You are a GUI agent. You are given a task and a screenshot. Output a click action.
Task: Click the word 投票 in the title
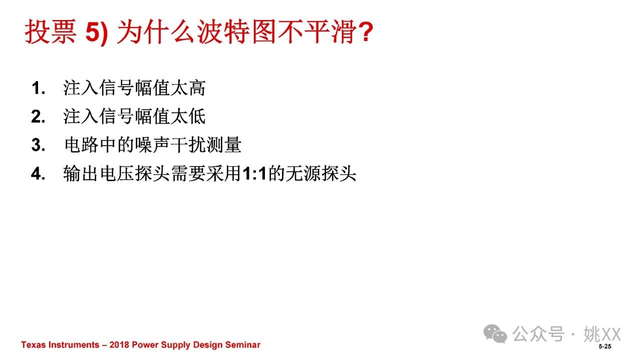[51, 31]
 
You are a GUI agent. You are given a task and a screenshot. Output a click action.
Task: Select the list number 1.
[39, 88]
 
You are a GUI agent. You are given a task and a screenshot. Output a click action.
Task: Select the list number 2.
[39, 117]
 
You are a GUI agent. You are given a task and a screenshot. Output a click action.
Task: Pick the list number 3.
[39, 145]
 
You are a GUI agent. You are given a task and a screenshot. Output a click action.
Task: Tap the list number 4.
[39, 174]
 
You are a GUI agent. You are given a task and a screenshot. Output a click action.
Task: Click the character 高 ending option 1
[197, 88]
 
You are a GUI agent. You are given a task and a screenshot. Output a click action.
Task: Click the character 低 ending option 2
[197, 117]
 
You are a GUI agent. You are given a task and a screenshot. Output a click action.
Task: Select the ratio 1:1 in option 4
[254, 174]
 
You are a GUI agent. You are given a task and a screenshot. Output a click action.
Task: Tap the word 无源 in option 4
[303, 174]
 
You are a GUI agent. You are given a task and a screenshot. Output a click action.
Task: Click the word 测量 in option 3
[224, 145]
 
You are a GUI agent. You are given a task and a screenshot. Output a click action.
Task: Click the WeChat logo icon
[495, 333]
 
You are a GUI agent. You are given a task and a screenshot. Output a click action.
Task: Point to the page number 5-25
[605, 346]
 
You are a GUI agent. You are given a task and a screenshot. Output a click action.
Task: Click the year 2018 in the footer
[119, 344]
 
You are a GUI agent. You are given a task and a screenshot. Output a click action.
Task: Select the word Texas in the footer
[33, 344]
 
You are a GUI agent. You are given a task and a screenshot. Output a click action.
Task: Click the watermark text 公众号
[538, 334]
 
